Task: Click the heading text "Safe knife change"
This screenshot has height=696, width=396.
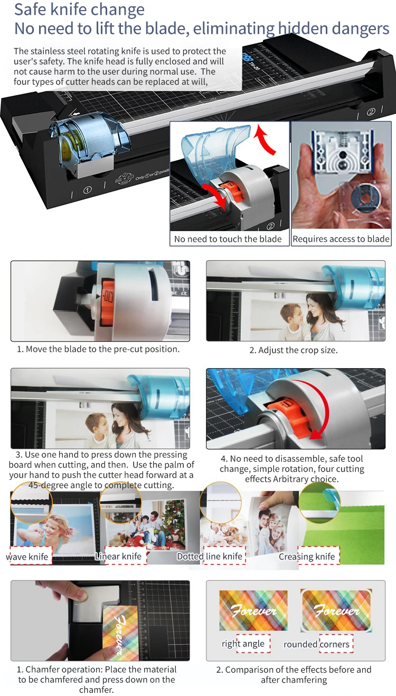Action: (x=79, y=10)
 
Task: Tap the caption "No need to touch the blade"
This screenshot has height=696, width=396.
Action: (x=228, y=239)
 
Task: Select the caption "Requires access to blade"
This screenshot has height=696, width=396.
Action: (x=341, y=239)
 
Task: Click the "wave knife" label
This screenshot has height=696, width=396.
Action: (x=27, y=556)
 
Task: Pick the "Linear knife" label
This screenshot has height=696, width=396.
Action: (x=118, y=556)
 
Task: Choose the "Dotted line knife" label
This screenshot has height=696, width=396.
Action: (x=210, y=556)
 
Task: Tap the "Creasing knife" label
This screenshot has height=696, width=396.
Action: (x=307, y=556)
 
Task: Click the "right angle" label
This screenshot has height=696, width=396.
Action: (x=243, y=644)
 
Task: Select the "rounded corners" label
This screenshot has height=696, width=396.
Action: (x=316, y=644)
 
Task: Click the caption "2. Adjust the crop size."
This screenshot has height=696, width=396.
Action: (x=294, y=350)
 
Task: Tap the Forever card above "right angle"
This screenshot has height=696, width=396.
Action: (x=253, y=610)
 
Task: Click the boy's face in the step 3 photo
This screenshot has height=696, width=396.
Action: (x=97, y=424)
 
